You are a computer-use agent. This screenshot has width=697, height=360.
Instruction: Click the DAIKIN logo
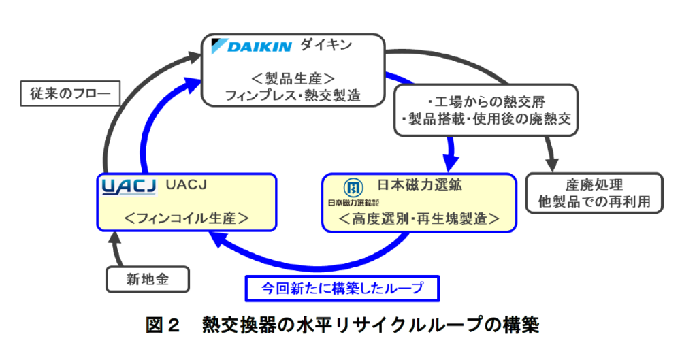(x=251, y=47)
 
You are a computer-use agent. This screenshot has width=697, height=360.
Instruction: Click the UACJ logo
(x=128, y=186)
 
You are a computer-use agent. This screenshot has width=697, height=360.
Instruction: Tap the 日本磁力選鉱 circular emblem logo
(x=352, y=187)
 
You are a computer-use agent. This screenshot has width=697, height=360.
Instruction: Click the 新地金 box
(x=146, y=278)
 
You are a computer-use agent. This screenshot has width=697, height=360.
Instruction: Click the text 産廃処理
(x=594, y=185)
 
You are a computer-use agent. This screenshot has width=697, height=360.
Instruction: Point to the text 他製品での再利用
(x=594, y=202)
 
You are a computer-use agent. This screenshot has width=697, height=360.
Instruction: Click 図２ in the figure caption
(x=162, y=325)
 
